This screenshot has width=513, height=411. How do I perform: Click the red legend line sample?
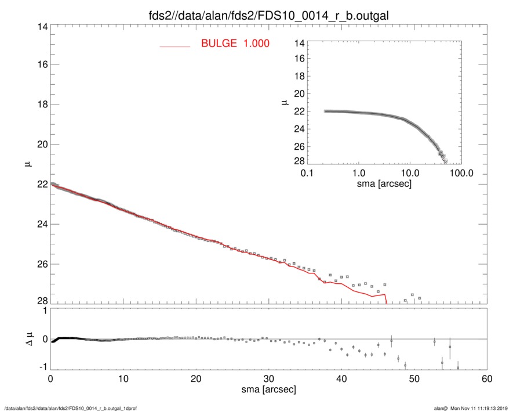click(x=175, y=46)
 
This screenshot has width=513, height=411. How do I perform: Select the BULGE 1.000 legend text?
click(x=235, y=44)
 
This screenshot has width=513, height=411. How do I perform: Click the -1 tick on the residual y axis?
click(x=41, y=368)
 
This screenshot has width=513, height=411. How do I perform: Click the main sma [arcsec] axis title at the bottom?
click(x=268, y=390)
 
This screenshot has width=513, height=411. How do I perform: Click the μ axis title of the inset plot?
click(x=285, y=102)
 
